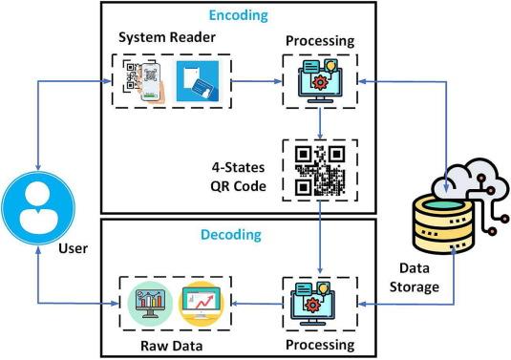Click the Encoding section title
tap(238, 15)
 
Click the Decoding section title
tap(231, 235)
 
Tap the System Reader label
tap(167, 37)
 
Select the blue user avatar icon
tap(38, 208)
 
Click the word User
tap(73, 248)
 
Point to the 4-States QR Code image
tap(320, 170)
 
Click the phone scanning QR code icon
tap(143, 81)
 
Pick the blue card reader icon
tap(198, 81)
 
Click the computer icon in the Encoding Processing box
tap(320, 80)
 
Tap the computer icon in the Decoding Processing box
tap(312, 304)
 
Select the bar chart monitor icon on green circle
tap(150, 304)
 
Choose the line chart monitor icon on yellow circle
tap(202, 304)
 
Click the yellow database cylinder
tap(442, 224)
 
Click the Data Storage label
tap(415, 278)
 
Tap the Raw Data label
tap(171, 346)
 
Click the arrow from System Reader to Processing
tap(257, 81)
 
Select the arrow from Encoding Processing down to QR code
tap(320, 123)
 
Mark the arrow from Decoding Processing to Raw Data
tap(257, 304)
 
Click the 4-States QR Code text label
tap(239, 177)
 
